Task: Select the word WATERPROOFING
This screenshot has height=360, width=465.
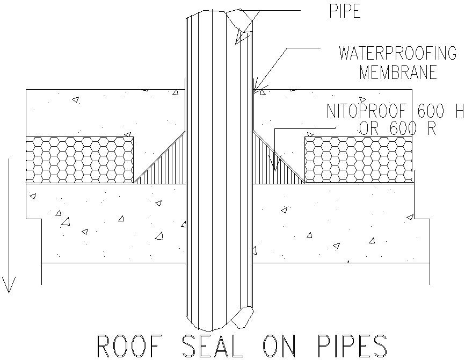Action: (x=397, y=53)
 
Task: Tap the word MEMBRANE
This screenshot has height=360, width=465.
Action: (x=398, y=72)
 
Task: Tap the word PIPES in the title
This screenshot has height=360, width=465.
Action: (x=347, y=346)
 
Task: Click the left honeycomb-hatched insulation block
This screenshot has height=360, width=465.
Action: (x=79, y=160)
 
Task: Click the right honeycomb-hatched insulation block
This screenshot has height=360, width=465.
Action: (x=358, y=160)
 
